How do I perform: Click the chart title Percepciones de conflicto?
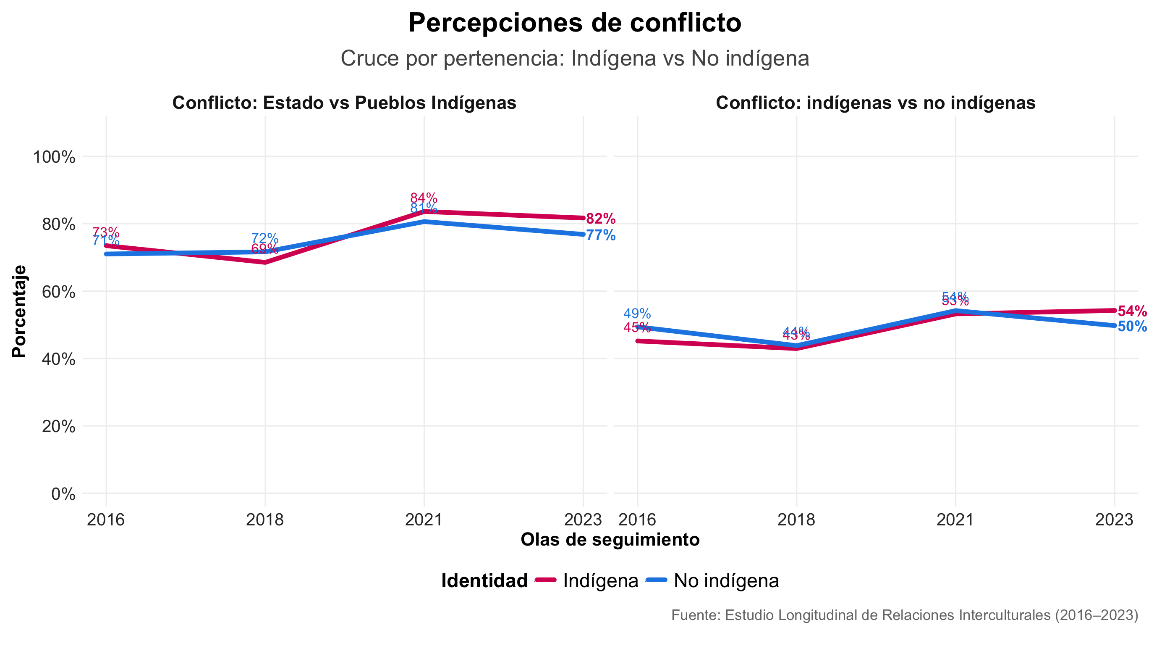tap(574, 23)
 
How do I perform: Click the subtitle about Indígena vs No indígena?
tap(574, 58)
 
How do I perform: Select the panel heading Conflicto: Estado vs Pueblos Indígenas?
tap(344, 103)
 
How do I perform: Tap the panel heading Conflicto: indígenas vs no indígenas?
tap(875, 103)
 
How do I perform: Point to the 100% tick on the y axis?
tap(54, 157)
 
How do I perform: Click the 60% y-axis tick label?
tap(58, 292)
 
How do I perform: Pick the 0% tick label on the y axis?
tap(63, 494)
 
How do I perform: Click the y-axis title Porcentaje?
tap(19, 311)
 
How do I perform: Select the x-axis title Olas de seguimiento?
tap(610, 540)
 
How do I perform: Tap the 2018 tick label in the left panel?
tap(264, 520)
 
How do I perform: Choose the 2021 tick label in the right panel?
tap(955, 520)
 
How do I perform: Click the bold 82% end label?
tap(600, 219)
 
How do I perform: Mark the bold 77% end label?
tap(600, 235)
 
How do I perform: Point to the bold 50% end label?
tap(1132, 327)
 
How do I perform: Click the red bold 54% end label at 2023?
tap(1132, 311)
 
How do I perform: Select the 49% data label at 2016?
tap(637, 314)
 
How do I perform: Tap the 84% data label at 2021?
tap(423, 198)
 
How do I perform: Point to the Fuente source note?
tap(905, 615)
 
